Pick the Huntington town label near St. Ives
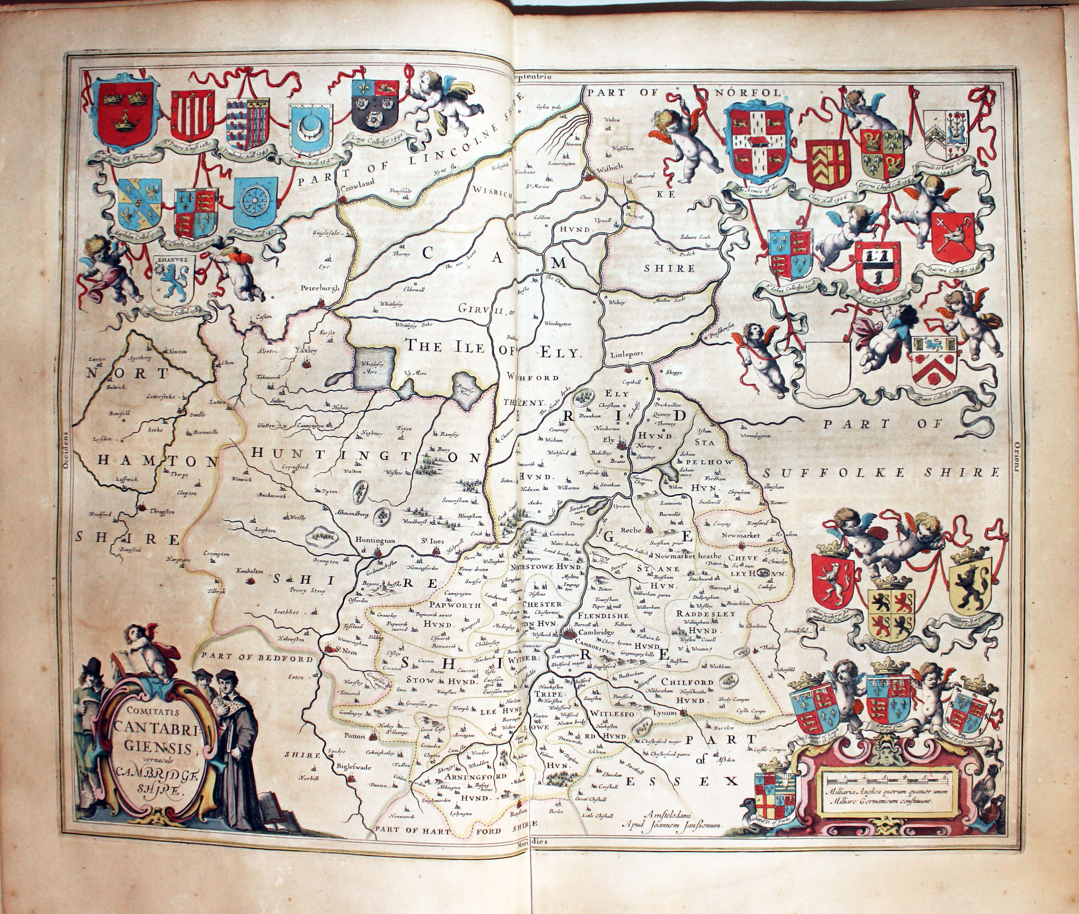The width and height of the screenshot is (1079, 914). pyautogui.click(x=375, y=540)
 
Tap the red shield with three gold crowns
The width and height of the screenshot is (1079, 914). pyautogui.click(x=124, y=113)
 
